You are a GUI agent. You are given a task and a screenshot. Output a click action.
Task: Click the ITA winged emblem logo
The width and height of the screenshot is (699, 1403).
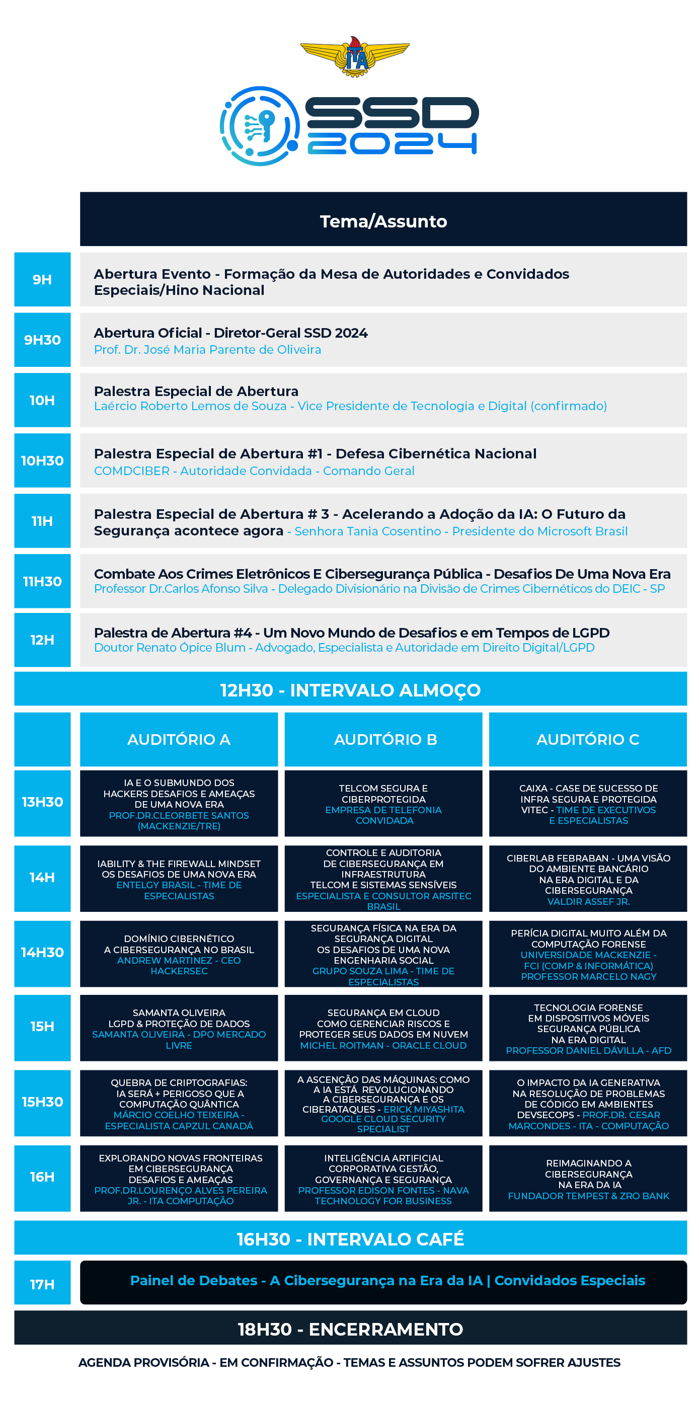(x=355, y=56)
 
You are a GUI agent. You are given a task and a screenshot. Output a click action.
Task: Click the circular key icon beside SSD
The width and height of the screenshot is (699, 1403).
(x=260, y=126)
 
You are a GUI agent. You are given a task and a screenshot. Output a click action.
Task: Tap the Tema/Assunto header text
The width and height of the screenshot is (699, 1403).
(x=383, y=221)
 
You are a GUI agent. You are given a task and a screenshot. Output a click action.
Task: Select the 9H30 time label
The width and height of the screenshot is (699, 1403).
(x=42, y=340)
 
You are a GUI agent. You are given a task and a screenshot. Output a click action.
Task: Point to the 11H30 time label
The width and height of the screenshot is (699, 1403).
(x=42, y=581)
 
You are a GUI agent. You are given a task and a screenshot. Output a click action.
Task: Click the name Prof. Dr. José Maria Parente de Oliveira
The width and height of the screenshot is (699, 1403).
(x=207, y=350)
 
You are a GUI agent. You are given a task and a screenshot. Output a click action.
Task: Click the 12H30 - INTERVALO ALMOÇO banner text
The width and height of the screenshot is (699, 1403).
(x=350, y=689)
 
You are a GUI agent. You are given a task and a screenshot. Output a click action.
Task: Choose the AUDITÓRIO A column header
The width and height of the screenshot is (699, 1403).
(x=179, y=739)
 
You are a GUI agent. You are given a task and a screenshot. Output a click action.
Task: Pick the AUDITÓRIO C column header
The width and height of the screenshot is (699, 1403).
(x=587, y=739)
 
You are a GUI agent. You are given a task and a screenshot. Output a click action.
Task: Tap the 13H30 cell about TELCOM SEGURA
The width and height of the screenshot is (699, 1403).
(x=383, y=803)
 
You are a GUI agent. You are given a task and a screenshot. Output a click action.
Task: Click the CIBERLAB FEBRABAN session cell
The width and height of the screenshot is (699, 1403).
(x=588, y=879)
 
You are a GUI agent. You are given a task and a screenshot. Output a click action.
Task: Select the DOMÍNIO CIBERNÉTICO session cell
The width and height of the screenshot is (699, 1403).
(x=179, y=954)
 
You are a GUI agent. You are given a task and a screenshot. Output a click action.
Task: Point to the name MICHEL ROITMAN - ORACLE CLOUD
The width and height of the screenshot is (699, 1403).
(x=383, y=1045)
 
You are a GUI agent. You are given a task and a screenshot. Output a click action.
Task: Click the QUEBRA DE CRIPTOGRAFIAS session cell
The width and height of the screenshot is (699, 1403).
(x=179, y=1103)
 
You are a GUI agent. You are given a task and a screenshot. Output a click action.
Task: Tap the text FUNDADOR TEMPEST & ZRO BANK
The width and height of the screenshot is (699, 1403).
(x=588, y=1196)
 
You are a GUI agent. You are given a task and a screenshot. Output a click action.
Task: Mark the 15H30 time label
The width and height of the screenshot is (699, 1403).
(x=42, y=1102)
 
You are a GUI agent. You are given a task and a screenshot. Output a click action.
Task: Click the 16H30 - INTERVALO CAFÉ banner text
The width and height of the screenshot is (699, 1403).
(x=350, y=1239)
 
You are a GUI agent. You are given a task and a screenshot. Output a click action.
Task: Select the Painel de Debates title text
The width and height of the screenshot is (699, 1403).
(x=387, y=1280)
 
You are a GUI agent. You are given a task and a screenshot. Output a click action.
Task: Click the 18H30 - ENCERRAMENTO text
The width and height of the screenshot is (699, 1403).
(x=350, y=1329)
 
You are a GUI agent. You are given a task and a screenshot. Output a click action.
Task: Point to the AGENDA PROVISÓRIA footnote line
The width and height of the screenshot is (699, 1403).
(x=349, y=1362)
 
